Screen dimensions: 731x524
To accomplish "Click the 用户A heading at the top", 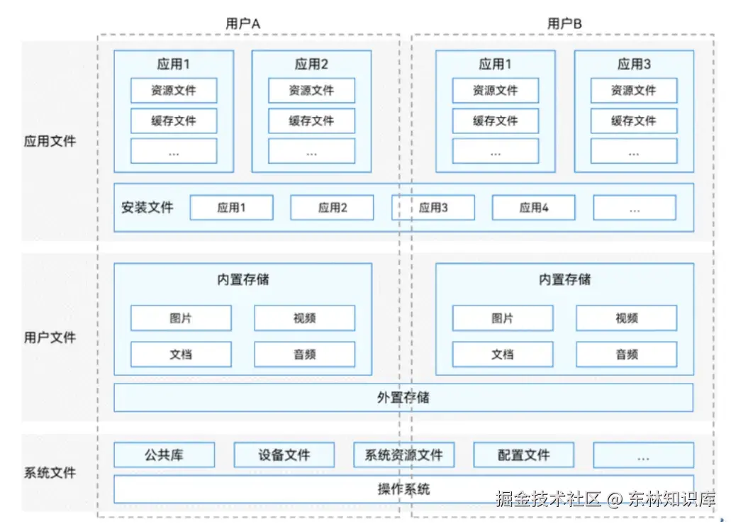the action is click(x=242, y=23).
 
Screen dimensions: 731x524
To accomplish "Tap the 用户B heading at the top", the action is click(x=564, y=23).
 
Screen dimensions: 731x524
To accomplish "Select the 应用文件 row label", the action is click(x=50, y=141).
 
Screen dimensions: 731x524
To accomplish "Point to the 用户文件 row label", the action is click(x=50, y=337).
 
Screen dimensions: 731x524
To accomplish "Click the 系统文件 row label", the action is click(x=50, y=472).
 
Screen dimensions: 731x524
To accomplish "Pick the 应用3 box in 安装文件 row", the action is click(x=433, y=208).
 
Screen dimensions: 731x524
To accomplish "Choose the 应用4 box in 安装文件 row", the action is click(x=534, y=208).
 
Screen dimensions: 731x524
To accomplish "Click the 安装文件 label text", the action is click(x=147, y=208).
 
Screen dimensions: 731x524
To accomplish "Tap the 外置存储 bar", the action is click(x=403, y=398).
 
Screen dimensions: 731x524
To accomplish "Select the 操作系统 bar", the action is click(x=403, y=489).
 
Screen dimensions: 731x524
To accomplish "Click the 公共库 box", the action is click(x=164, y=455).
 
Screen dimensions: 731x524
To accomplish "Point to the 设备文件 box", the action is click(x=284, y=455).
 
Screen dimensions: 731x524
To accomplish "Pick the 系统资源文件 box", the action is click(x=403, y=455).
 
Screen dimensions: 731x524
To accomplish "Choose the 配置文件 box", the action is click(x=523, y=455).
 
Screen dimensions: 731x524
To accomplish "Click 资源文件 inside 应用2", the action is click(x=311, y=91).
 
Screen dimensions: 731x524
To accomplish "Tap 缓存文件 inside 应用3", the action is click(x=634, y=121).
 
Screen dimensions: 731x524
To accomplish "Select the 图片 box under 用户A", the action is click(x=181, y=318).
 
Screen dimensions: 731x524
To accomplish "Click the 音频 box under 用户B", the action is click(x=627, y=355).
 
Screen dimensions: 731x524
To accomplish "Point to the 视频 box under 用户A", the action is click(x=304, y=318).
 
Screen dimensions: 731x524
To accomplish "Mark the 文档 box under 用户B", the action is click(x=503, y=355).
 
